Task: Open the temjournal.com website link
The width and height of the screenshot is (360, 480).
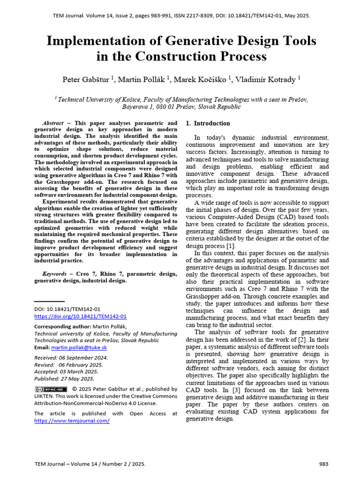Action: pyautogui.click(x=72, y=420)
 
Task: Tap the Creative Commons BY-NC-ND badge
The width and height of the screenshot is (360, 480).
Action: pyautogui.click(x=51, y=389)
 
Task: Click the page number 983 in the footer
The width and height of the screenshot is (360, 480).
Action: pyautogui.click(x=323, y=464)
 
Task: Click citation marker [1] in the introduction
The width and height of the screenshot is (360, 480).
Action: pyautogui.click(x=231, y=246)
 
